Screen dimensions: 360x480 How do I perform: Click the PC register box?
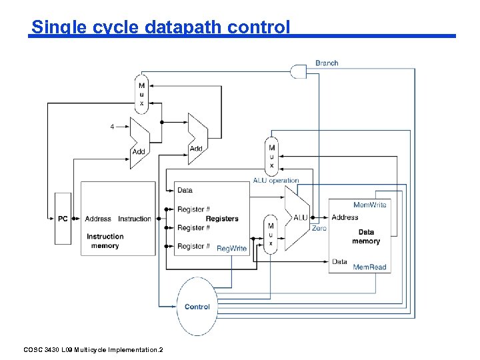pyautogui.click(x=63, y=219)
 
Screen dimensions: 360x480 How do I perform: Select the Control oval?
pyautogui.click(x=197, y=307)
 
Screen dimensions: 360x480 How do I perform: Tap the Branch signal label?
pyautogui.click(x=327, y=63)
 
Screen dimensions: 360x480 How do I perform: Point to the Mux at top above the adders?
pyautogui.click(x=141, y=94)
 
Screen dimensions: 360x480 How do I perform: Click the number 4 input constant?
pyautogui.click(x=112, y=125)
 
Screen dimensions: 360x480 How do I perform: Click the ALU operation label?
pyautogui.click(x=276, y=180)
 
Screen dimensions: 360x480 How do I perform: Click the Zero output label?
pyautogui.click(x=319, y=228)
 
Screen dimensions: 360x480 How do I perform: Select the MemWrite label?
pyautogui.click(x=370, y=205)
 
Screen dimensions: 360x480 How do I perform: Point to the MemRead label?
pyautogui.click(x=369, y=267)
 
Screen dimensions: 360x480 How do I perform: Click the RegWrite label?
pyautogui.click(x=231, y=248)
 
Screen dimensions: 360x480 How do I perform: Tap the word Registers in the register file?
pyautogui.click(x=222, y=219)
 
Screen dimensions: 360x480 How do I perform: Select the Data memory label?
pyautogui.click(x=366, y=237)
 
